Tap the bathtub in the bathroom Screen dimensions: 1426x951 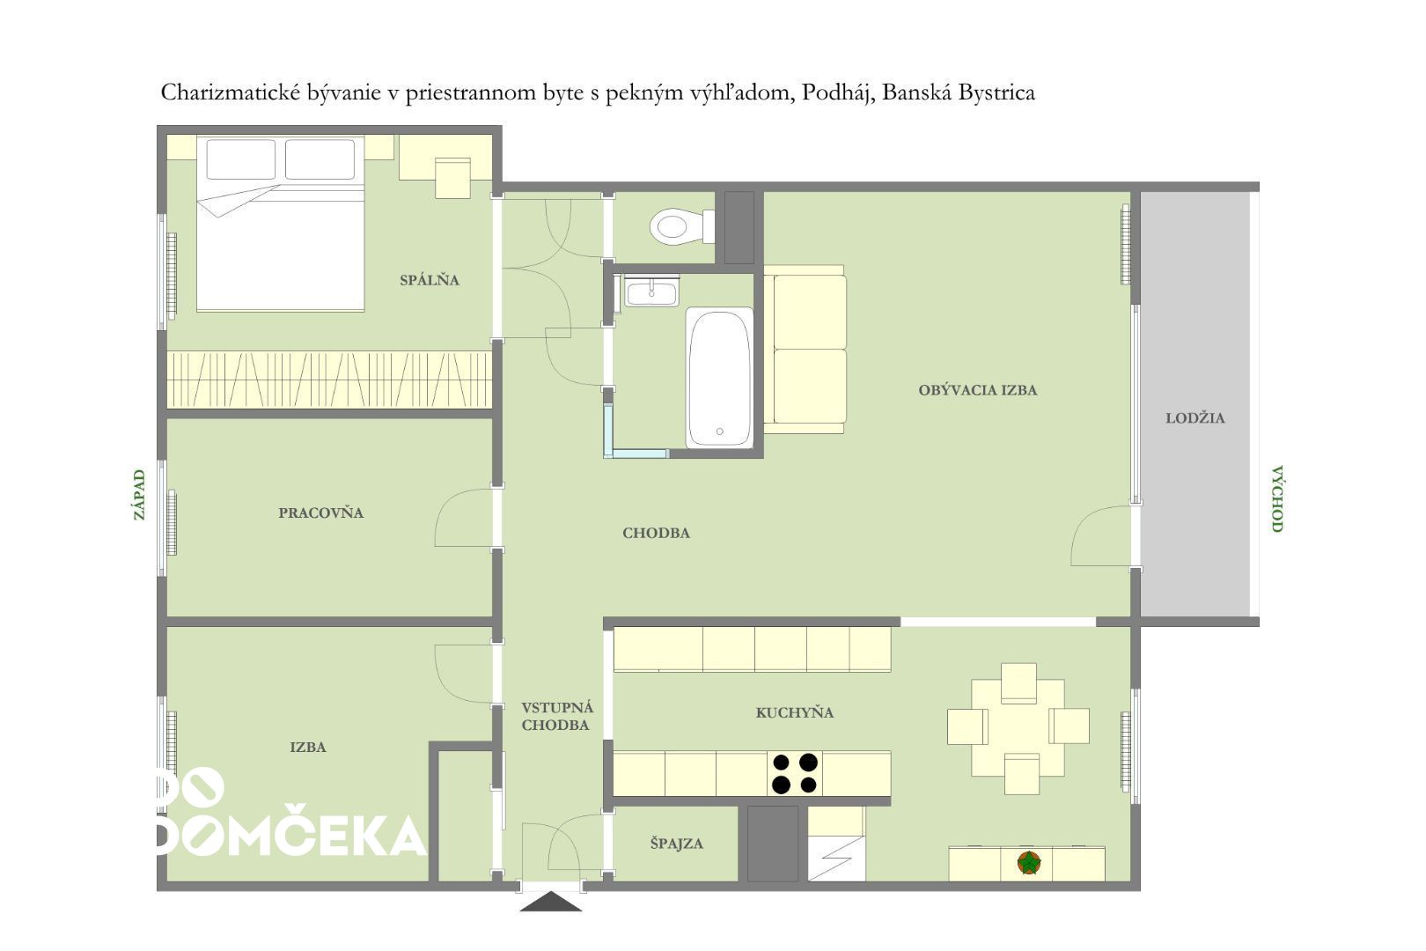719,377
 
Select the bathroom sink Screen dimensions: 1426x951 651,291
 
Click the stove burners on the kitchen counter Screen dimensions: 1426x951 795,773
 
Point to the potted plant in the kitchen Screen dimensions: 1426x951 1029,863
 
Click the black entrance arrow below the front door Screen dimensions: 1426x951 551,902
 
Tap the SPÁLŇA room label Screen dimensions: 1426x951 430,280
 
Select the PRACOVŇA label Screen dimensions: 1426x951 320,512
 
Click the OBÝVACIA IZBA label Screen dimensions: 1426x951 978,390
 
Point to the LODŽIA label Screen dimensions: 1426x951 1194,418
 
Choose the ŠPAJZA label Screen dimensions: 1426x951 677,844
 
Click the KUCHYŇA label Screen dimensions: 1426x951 795,712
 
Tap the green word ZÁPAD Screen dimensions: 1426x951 139,495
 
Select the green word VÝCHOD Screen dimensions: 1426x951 1277,498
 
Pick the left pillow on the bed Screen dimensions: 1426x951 240,159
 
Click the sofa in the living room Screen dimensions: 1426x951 805,350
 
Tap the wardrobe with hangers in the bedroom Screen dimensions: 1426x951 329,380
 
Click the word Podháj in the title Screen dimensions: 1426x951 836,93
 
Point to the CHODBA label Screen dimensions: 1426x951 656,533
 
